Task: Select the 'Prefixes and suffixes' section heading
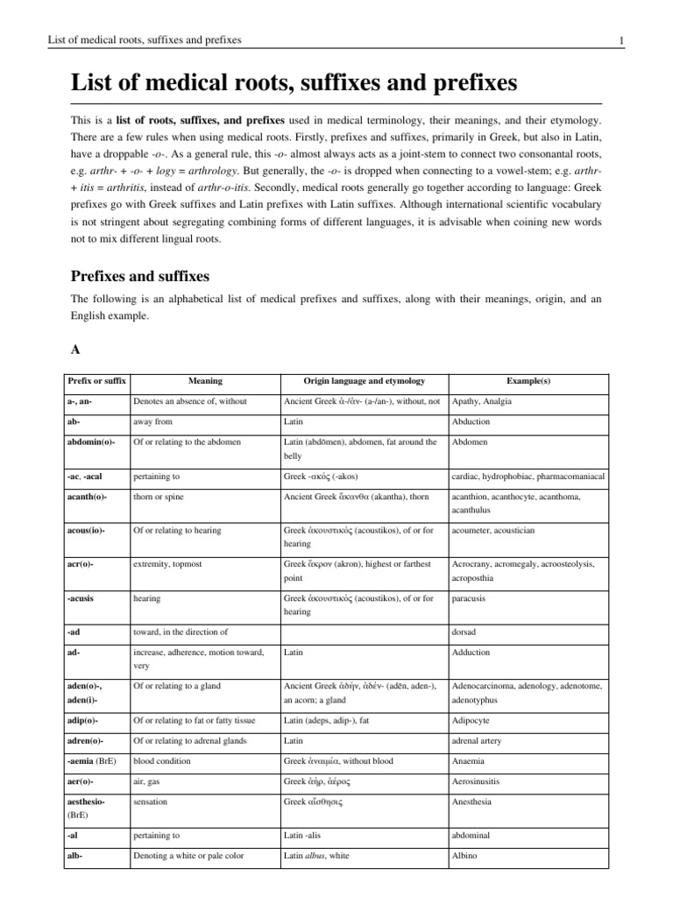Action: (x=139, y=276)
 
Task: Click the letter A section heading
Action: (x=74, y=348)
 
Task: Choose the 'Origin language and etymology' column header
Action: (x=364, y=381)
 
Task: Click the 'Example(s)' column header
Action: (x=528, y=381)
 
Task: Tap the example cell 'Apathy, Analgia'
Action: (x=481, y=401)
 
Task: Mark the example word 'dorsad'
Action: (x=465, y=632)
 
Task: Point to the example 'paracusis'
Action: (x=471, y=598)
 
